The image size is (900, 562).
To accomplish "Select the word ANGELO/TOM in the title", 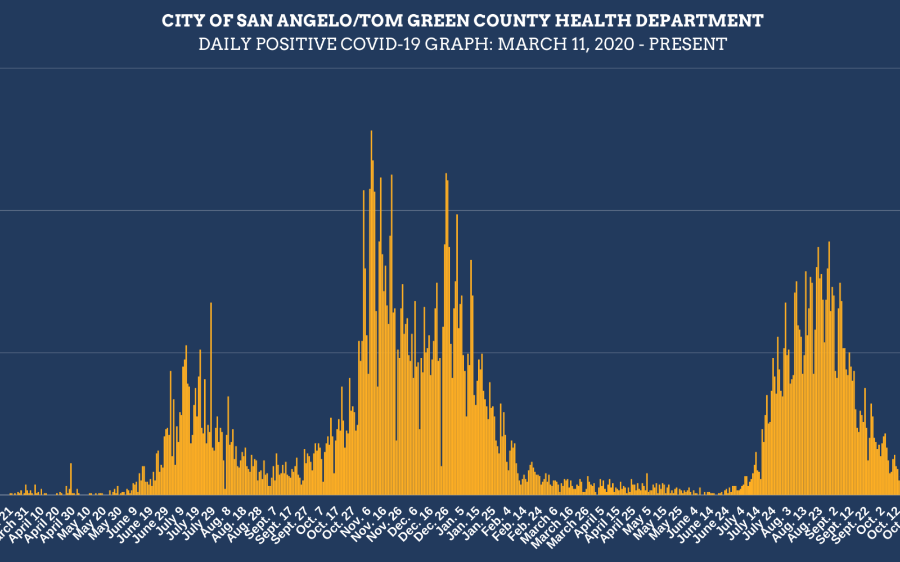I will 319,21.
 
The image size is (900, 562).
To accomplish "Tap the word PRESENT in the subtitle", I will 688,44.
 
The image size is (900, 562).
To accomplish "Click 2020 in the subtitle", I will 615,44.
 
